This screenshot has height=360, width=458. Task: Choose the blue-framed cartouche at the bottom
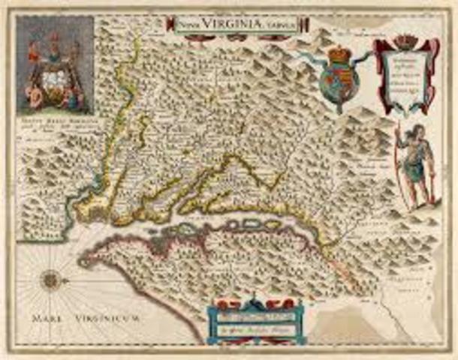point(255,319)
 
